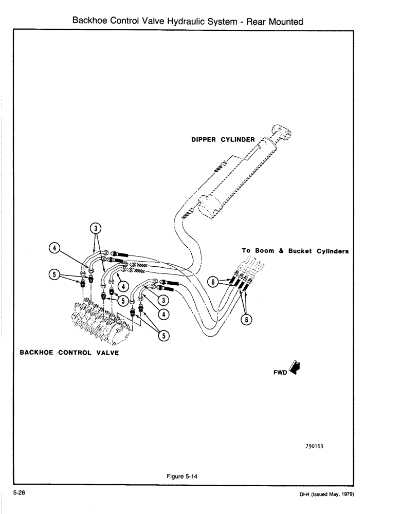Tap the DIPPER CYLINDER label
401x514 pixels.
click(x=223, y=139)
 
